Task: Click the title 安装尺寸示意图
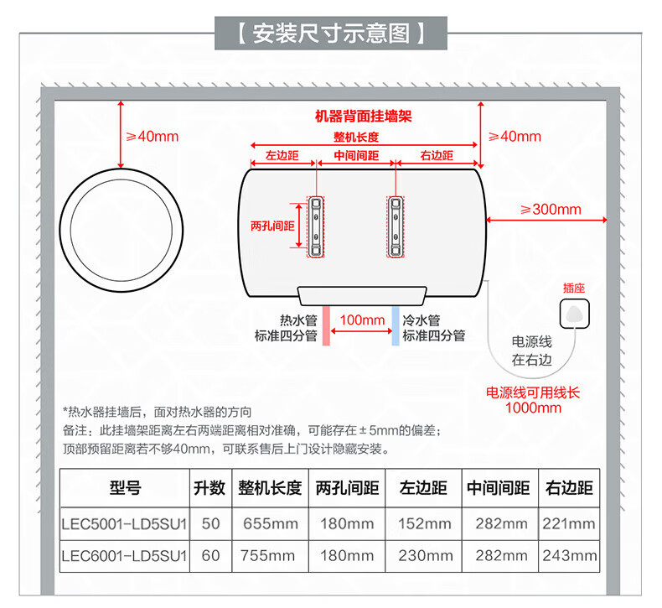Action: click(331, 34)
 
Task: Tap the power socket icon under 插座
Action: click(574, 314)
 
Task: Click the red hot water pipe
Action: click(326, 325)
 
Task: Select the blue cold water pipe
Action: click(396, 325)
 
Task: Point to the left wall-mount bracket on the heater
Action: click(316, 227)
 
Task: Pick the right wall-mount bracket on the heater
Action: click(396, 227)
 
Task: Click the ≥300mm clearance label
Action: click(551, 209)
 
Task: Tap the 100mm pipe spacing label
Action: click(362, 320)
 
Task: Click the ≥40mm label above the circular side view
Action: click(153, 137)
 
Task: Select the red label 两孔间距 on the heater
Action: click(272, 226)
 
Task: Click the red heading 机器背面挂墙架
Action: click(364, 117)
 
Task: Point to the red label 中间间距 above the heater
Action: click(356, 155)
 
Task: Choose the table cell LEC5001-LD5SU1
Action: click(124, 524)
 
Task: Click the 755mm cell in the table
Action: click(267, 556)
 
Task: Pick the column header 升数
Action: click(209, 488)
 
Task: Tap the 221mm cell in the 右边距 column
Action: click(569, 524)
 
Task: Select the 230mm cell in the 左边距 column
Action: click(426, 556)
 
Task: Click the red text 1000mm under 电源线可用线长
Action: click(533, 408)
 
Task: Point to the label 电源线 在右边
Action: click(532, 351)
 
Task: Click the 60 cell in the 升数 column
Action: click(210, 556)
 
